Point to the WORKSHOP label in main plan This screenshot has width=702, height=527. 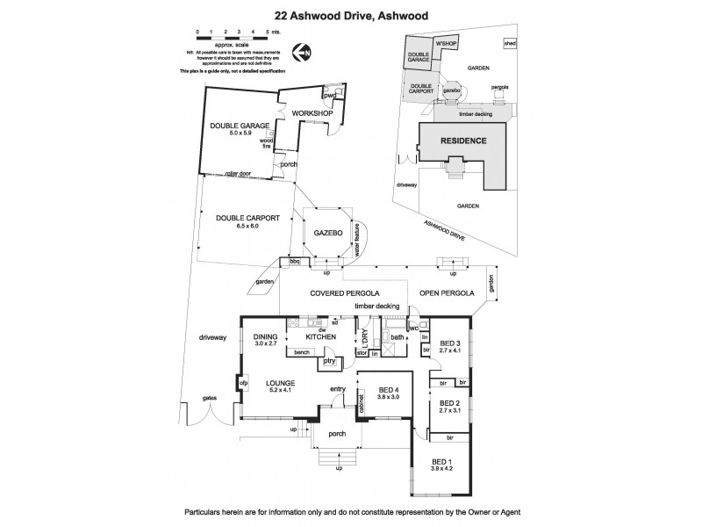[x=311, y=114]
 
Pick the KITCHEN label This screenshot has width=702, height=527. [x=322, y=336]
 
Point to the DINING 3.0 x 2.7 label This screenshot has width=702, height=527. [x=265, y=339]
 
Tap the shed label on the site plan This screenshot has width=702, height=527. [x=508, y=43]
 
